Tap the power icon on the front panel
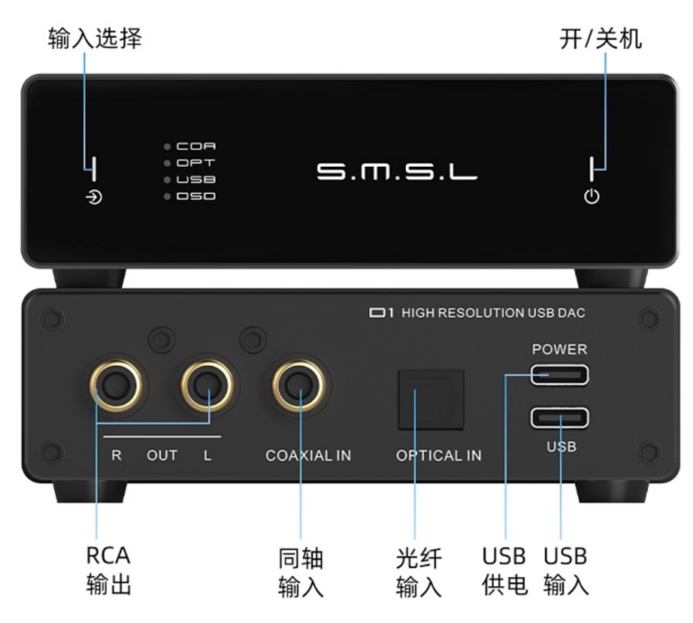tap(592, 197)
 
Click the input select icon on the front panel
tap(94, 197)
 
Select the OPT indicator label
tap(196, 162)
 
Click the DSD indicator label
tap(196, 196)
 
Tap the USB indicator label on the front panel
tap(196, 179)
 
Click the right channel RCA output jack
tap(117, 388)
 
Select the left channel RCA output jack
tap(208, 388)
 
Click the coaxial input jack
tap(300, 388)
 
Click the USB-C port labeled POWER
tap(559, 372)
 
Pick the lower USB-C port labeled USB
tap(559, 419)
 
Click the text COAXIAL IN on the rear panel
tap(309, 456)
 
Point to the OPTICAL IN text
tap(439, 456)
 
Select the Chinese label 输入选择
tap(95, 40)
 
